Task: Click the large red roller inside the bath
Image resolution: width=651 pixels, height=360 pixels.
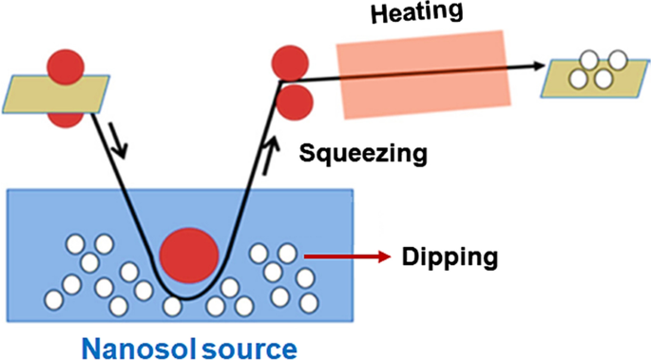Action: click(190, 256)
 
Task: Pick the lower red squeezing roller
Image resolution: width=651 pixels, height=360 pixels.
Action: click(295, 101)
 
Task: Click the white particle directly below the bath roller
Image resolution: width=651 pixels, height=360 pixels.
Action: click(172, 307)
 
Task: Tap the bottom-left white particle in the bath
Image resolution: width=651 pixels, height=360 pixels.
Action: click(54, 299)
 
